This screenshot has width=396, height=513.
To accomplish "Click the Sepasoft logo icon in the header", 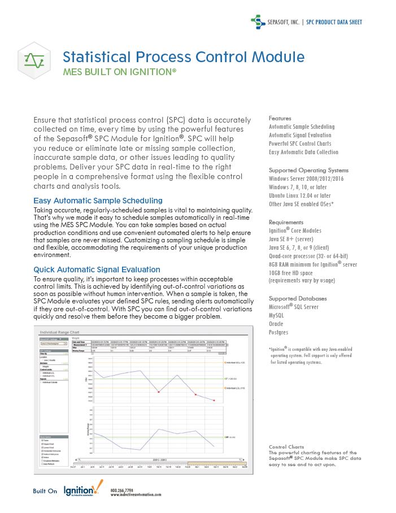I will point(257,22).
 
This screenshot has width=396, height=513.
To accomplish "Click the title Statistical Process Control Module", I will point(183,57).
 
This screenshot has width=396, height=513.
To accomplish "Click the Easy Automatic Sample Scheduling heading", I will point(98,201).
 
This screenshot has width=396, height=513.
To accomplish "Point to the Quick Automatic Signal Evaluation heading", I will point(97,269).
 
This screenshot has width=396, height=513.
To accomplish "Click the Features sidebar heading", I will point(280,119).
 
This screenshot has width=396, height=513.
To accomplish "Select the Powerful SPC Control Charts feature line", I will point(300,144).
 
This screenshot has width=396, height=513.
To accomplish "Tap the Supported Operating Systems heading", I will point(308,170).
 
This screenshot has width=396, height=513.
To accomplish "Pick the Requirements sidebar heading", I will point(286,222).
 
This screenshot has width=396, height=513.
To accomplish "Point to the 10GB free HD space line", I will point(295,272).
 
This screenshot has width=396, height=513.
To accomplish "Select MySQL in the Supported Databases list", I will point(277,315).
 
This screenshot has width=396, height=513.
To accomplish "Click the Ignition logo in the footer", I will point(83,489).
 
